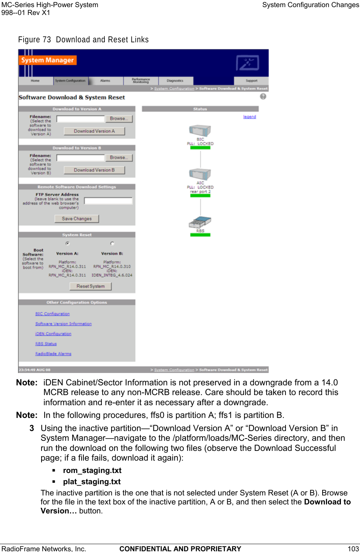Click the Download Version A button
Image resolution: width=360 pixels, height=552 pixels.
[94, 131]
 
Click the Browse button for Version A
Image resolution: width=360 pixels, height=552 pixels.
[119, 119]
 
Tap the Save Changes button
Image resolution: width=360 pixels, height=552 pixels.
[77, 219]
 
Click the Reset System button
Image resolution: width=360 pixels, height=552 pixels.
[91, 286]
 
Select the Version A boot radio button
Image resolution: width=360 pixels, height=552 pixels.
[68, 243]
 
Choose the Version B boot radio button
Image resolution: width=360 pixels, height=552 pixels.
[112, 243]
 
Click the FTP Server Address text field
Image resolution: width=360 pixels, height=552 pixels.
[108, 201]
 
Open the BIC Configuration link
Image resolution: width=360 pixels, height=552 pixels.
[52, 314]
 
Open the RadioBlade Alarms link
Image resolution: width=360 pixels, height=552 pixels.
[53, 354]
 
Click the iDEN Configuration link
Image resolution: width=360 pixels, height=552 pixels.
[53, 334]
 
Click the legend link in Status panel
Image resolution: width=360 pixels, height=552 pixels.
[250, 117]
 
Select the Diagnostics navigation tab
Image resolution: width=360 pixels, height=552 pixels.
[175, 81]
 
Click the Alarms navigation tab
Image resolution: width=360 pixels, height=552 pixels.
[105, 81]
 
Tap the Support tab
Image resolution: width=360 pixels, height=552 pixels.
[251, 81]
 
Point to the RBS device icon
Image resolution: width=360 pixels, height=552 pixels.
[200, 222]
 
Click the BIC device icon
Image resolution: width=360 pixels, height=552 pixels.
[200, 131]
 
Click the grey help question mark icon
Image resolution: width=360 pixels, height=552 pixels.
[263, 97]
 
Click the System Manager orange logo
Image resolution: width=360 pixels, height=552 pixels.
[48, 60]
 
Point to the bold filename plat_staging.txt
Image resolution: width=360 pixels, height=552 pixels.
[92, 482]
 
